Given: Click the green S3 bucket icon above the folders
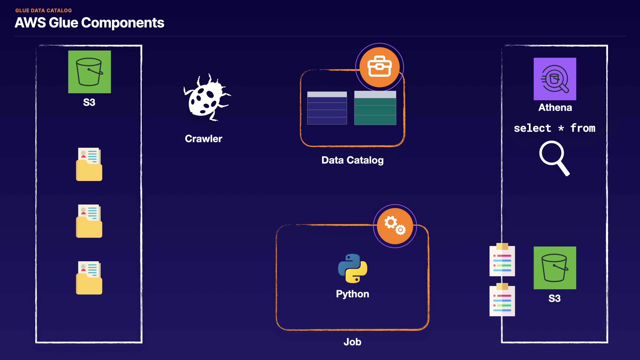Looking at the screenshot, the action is (x=89, y=72).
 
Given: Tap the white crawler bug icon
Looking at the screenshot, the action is (x=206, y=98).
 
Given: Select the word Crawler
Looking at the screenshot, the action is (x=203, y=139).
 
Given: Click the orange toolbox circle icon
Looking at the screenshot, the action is (x=379, y=67).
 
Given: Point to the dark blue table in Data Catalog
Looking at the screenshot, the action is (x=327, y=108).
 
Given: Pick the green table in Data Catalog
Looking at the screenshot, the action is (x=375, y=108).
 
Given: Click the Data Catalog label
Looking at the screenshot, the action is (x=352, y=160).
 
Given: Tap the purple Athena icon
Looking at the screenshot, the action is (x=555, y=79).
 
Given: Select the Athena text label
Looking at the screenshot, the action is (x=555, y=108).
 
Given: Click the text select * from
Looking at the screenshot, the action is (x=554, y=128).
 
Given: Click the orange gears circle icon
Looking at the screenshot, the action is (x=395, y=226).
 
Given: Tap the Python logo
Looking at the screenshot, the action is (x=352, y=268).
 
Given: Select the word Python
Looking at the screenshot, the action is (x=352, y=294).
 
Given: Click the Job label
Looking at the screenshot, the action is (x=352, y=342).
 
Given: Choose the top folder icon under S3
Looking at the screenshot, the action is (x=89, y=164).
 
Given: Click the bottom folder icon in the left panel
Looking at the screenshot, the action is (x=89, y=278).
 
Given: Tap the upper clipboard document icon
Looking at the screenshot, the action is (x=502, y=260).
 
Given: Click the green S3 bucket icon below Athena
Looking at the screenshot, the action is (x=555, y=268).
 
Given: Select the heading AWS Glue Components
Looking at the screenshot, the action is (x=89, y=23).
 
